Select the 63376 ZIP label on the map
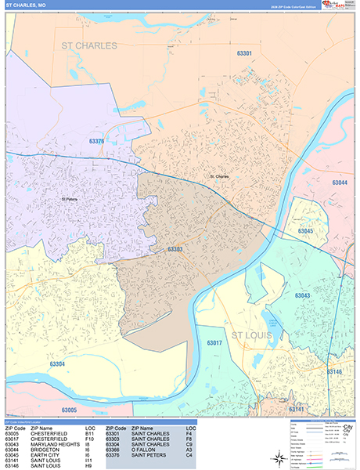point(97,141)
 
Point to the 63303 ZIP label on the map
point(175,249)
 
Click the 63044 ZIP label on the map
point(340,183)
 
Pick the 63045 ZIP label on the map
point(305,232)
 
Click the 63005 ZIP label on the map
point(70,410)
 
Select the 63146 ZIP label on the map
point(334,372)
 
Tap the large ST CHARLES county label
point(89,46)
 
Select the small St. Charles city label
point(219,176)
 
